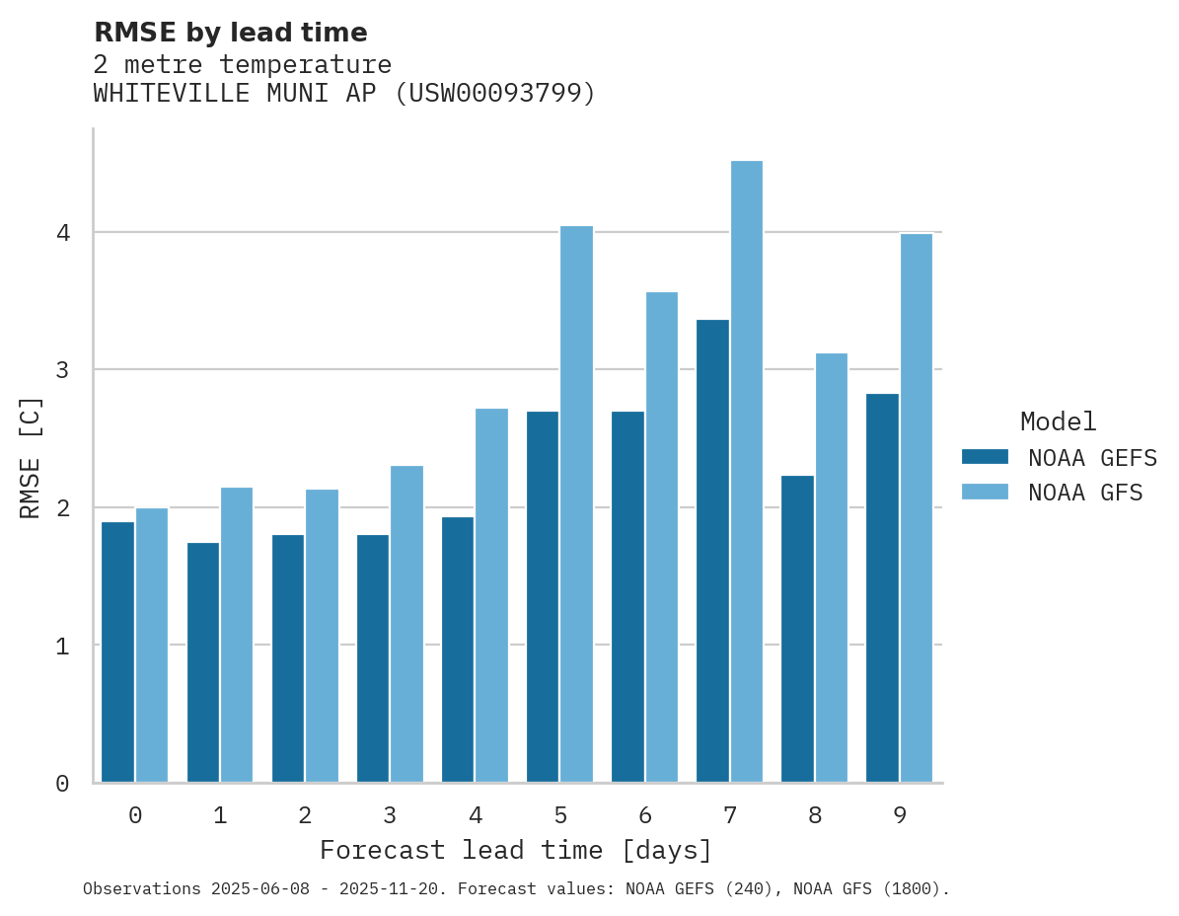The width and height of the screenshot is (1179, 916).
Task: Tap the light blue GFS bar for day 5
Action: pos(576,504)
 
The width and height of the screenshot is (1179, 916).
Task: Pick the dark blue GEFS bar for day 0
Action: pos(117,651)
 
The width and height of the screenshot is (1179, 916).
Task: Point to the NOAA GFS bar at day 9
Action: pos(916,508)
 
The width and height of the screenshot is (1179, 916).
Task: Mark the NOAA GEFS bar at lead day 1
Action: pos(202,662)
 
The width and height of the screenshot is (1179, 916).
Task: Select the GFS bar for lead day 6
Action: pos(661,537)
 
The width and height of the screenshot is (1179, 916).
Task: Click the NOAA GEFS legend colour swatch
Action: pos(985,457)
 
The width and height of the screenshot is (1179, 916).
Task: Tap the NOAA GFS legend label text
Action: pos(1085,493)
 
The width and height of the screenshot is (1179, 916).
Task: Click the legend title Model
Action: pos(1058,422)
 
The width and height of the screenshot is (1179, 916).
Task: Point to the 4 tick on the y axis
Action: pos(62,233)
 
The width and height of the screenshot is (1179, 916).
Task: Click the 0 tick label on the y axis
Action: pos(62,784)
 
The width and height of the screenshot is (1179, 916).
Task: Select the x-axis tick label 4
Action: pos(475,815)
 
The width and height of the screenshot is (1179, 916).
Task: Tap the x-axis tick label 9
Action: pos(899,815)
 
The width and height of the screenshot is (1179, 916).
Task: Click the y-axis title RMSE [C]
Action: pos(32,457)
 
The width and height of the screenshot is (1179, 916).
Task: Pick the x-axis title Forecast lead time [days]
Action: pos(515,850)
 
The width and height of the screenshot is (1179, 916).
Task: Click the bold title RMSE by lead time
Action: pos(230,33)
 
